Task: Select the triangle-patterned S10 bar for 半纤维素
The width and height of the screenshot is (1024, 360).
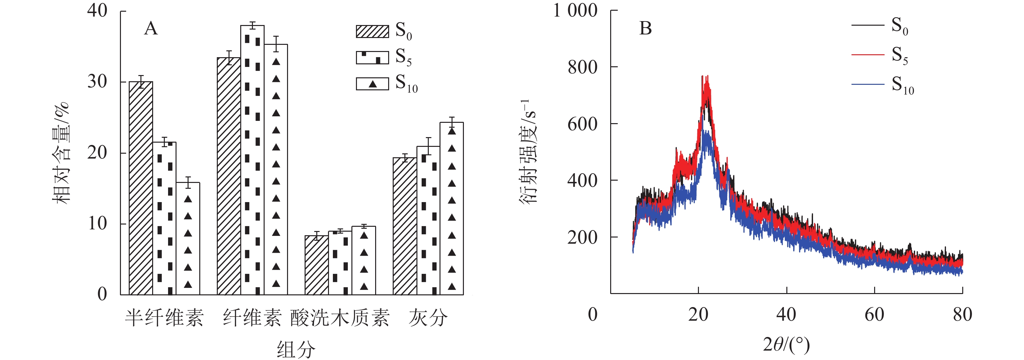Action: point(188,238)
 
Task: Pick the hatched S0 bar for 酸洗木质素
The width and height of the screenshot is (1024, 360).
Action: point(316,265)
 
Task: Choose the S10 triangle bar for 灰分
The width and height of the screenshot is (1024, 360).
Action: point(452,208)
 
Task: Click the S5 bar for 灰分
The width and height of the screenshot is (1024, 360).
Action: point(428,221)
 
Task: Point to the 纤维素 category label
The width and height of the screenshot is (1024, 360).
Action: point(252,317)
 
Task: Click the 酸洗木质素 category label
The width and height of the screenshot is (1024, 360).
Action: point(340,317)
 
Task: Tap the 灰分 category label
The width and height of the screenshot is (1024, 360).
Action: point(428,317)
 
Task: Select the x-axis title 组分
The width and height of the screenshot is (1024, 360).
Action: point(296,349)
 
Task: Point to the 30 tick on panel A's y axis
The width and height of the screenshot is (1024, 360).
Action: point(98,82)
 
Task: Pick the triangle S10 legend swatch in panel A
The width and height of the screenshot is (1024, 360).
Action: point(372,84)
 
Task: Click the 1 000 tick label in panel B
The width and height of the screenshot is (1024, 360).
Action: point(575,11)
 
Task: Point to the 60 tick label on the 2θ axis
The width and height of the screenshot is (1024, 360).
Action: point(874,315)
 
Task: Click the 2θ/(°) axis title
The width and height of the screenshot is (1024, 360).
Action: point(786,344)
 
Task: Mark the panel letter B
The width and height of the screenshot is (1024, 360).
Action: point(645,29)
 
